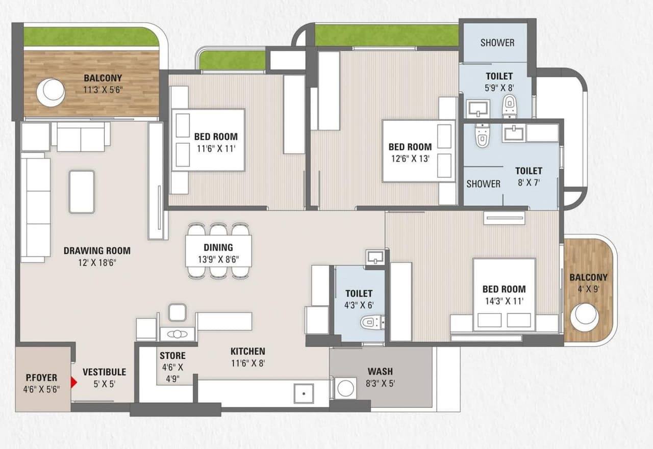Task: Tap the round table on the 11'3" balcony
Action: (51, 92)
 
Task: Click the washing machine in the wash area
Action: (345, 388)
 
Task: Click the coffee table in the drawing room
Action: (82, 192)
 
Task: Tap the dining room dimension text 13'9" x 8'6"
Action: (218, 259)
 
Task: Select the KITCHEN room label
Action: (247, 351)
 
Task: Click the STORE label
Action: (172, 355)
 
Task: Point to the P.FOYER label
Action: (42, 378)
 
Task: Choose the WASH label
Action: (380, 371)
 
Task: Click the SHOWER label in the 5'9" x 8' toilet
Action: (497, 43)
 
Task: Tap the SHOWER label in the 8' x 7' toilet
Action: (483, 183)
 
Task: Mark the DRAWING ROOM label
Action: (97, 250)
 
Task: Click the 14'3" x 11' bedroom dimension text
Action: (504, 301)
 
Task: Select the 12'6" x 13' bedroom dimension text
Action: (410, 158)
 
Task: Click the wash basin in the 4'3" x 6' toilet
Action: (375, 256)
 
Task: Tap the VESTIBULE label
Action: (104, 372)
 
